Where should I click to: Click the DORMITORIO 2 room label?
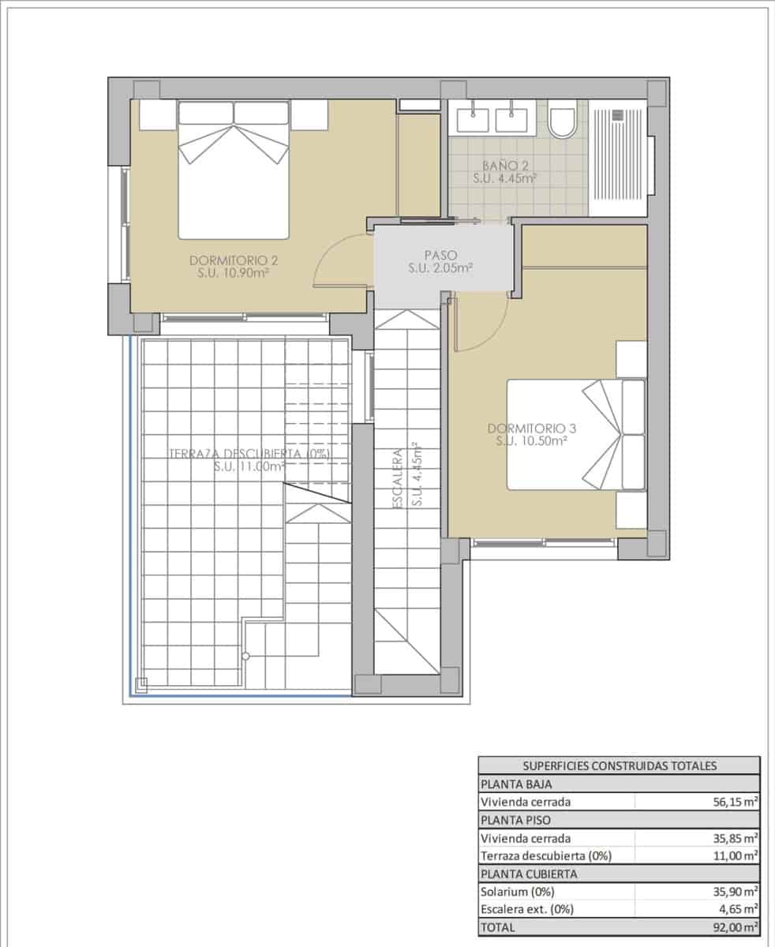pyautogui.click(x=234, y=267)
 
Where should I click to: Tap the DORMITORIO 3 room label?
pyautogui.click(x=532, y=435)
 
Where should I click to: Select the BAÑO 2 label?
pyautogui.click(x=505, y=172)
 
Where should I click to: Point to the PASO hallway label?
pyautogui.click(x=440, y=262)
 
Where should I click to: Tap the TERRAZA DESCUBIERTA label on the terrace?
pyautogui.click(x=249, y=460)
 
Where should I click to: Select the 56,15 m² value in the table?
pyautogui.click(x=733, y=802)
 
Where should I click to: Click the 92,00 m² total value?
pyautogui.click(x=733, y=927)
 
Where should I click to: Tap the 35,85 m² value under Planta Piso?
pyautogui.click(x=733, y=838)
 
